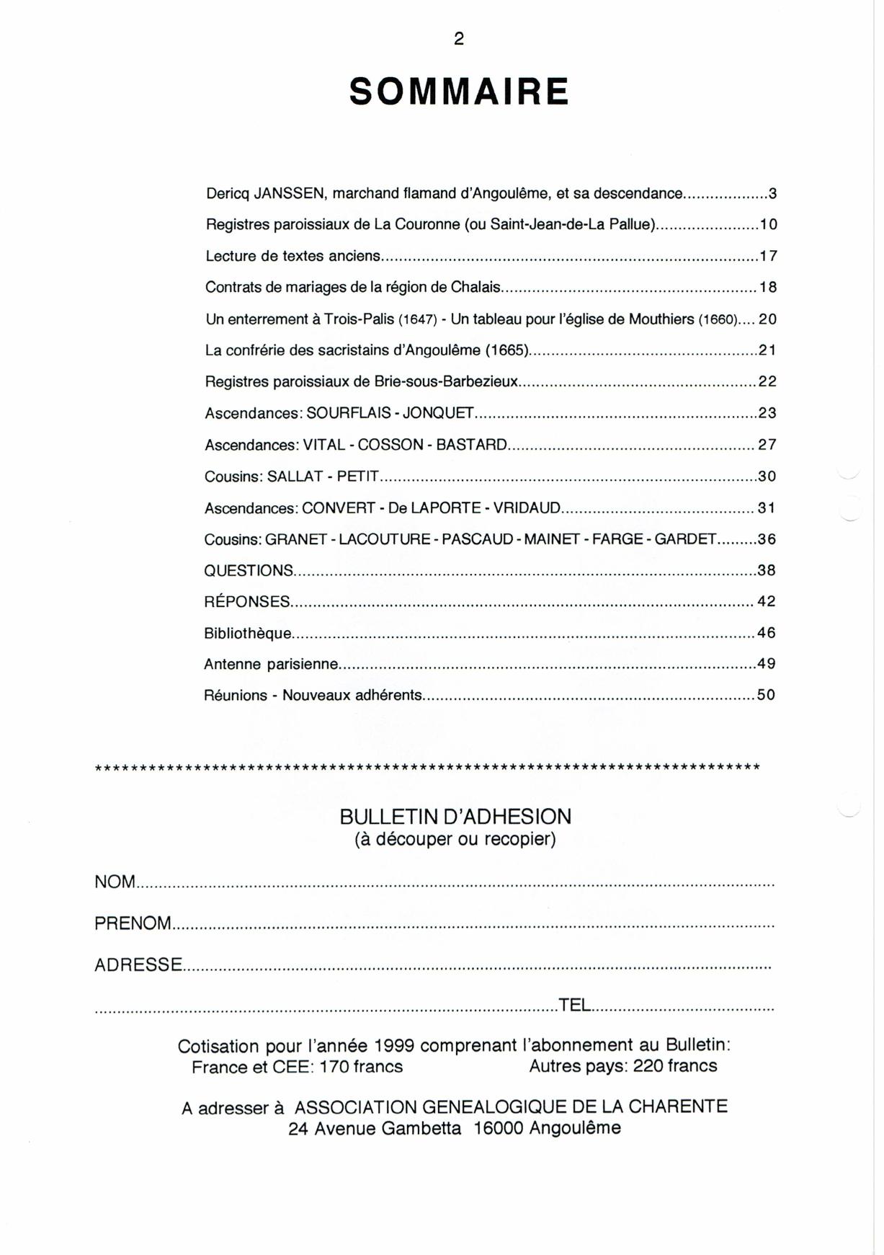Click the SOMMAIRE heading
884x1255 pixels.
click(459, 92)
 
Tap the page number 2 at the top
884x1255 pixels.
click(459, 39)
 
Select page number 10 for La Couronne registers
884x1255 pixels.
click(768, 225)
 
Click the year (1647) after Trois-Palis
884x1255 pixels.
click(418, 319)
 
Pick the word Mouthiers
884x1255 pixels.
click(661, 319)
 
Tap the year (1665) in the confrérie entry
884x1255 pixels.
click(507, 351)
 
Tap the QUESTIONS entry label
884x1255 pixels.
click(249, 571)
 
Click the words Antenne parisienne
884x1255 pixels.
click(271, 665)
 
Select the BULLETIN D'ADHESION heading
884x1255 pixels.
click(455, 817)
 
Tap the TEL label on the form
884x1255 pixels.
click(574, 1005)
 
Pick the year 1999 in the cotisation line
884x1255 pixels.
click(394, 1046)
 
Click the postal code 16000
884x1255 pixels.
click(498, 1129)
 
